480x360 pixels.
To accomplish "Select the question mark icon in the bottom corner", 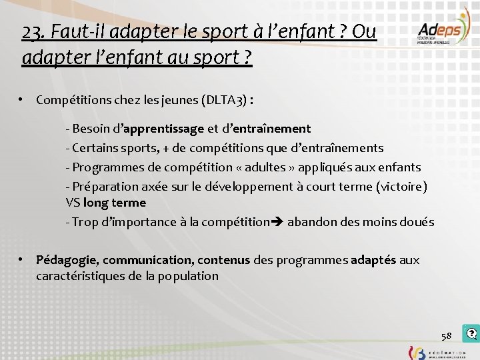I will [472, 333].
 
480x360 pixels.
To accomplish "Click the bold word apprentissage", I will [162, 128].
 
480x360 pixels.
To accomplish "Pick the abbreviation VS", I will [73, 202].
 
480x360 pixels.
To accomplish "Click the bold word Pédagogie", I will [67, 260].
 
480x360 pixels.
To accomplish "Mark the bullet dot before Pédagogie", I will [22, 259].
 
